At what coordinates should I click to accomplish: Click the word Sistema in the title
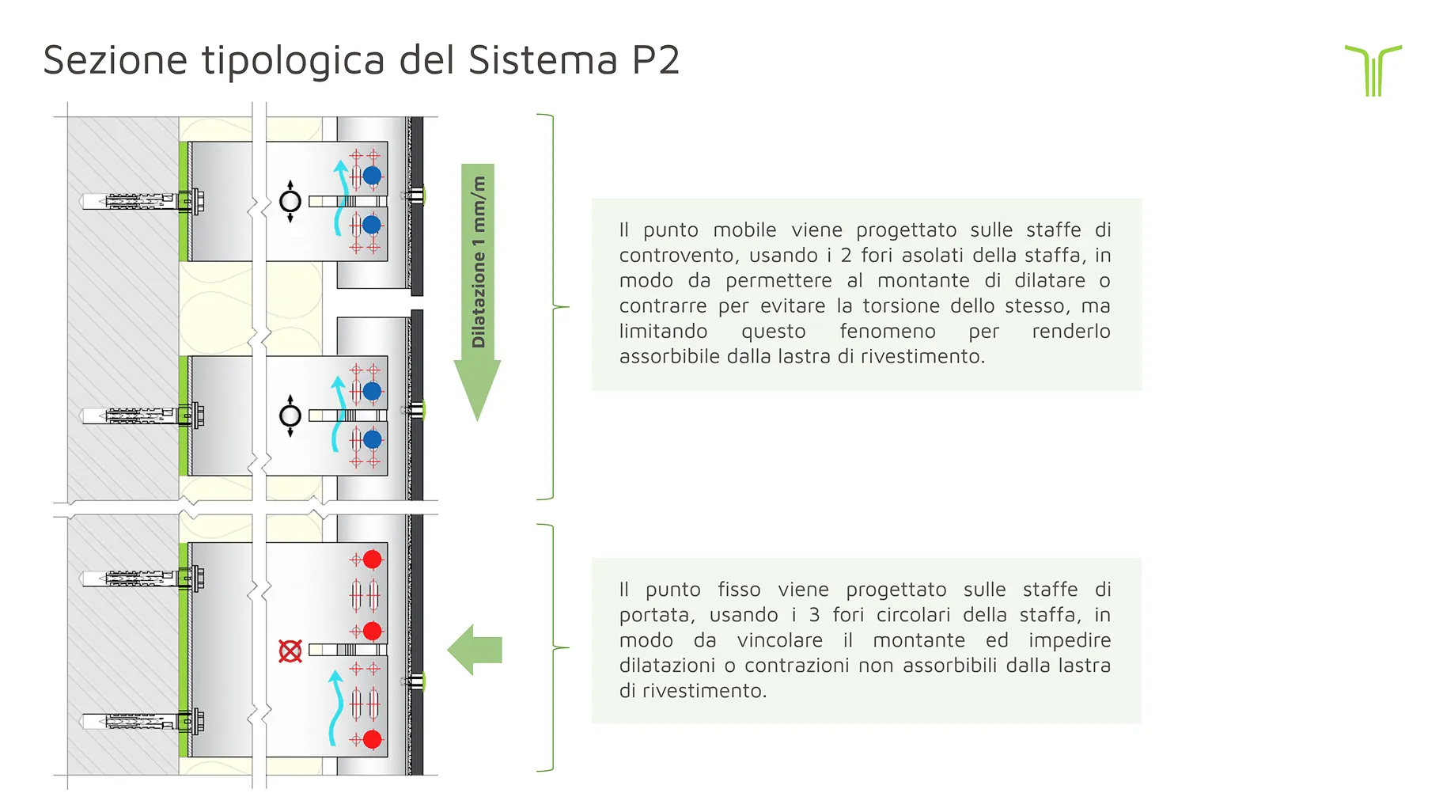pos(542,60)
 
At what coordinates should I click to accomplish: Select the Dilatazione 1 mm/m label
pos(479,261)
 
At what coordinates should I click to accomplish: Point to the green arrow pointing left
pos(475,650)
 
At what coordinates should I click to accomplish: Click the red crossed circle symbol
pos(290,651)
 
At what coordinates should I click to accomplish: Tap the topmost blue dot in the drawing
pos(372,176)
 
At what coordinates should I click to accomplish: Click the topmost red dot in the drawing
pos(372,560)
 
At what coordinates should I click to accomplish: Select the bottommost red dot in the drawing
pos(372,739)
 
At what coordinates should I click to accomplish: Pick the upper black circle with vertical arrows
pos(290,201)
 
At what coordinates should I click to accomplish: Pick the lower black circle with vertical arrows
pos(290,415)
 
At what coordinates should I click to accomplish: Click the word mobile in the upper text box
pos(744,230)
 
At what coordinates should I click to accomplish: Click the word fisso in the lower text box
pos(739,590)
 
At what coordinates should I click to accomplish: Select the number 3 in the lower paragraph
pos(814,615)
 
